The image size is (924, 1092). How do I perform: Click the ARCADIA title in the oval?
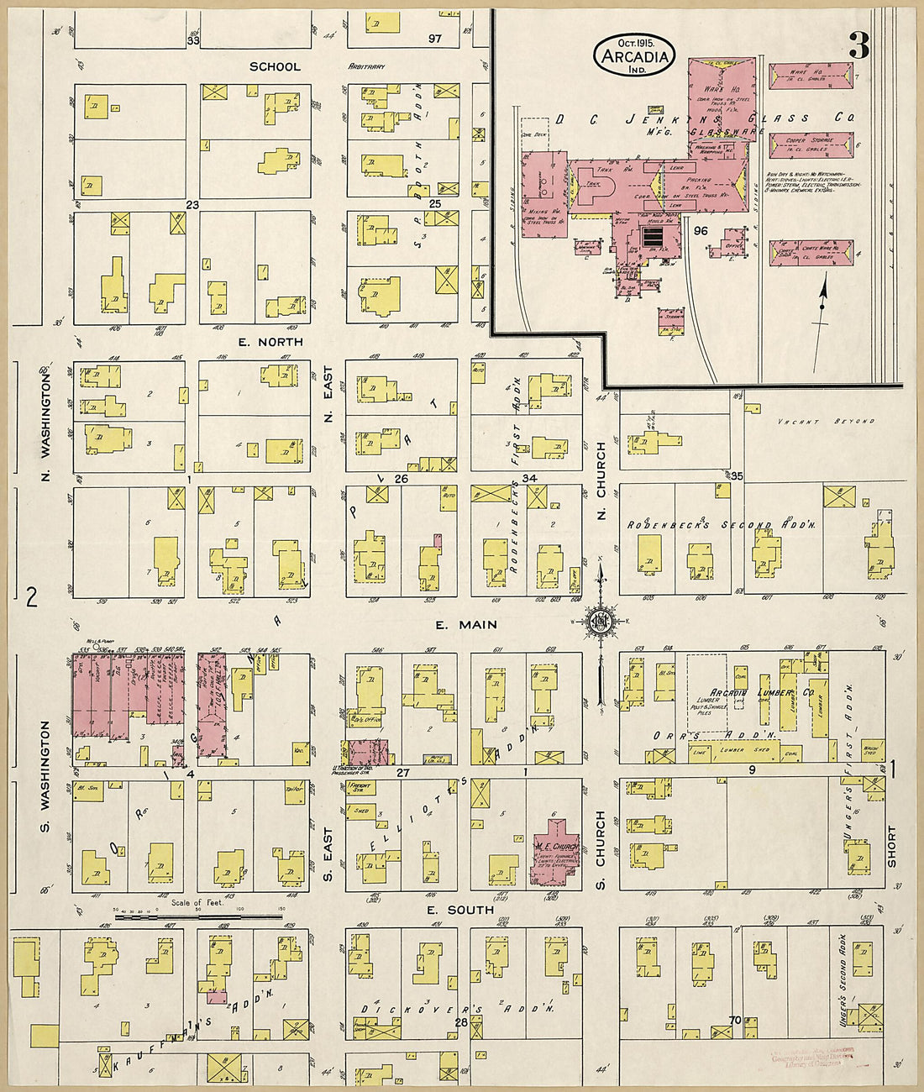coord(635,57)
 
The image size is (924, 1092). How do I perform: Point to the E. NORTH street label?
coord(270,342)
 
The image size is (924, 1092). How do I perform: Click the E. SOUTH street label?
coord(459,910)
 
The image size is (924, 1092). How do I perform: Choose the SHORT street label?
coord(891,846)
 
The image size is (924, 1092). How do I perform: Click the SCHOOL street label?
coord(275,66)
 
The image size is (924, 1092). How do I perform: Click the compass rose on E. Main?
coord(601,622)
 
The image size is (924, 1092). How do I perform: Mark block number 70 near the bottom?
coord(735,1021)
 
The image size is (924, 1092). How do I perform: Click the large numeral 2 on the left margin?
coord(32,597)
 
